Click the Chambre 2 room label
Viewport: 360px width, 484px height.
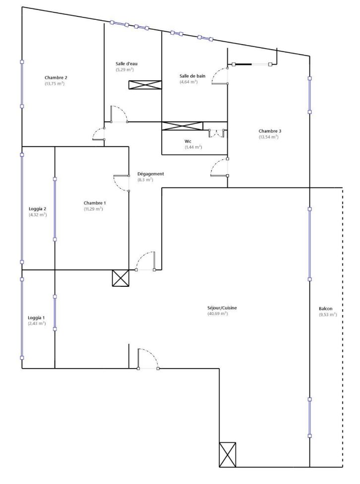pos(56,78)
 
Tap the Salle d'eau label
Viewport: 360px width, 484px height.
pos(126,63)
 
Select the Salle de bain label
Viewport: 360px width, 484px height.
pos(192,76)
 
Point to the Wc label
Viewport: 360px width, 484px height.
pos(188,141)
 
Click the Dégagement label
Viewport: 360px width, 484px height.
pos(150,174)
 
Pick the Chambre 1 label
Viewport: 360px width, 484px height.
pos(95,203)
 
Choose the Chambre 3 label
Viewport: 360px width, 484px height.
pos(270,131)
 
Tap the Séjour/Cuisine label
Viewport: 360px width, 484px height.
pos(222,308)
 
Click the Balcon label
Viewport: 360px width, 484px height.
pos(325,308)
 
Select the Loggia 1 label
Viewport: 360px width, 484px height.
pos(36,318)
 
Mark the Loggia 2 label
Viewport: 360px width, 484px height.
pos(37,209)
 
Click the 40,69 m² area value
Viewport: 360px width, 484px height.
pos(218,314)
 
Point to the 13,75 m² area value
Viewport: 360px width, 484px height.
pos(55,84)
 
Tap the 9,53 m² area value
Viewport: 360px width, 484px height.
pos(328,315)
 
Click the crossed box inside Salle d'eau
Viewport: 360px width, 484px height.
pos(145,85)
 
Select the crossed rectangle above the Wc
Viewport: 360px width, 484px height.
pos(182,126)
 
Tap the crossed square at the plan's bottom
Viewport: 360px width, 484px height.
pos(228,454)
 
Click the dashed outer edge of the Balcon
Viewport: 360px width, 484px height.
pos(342,327)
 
